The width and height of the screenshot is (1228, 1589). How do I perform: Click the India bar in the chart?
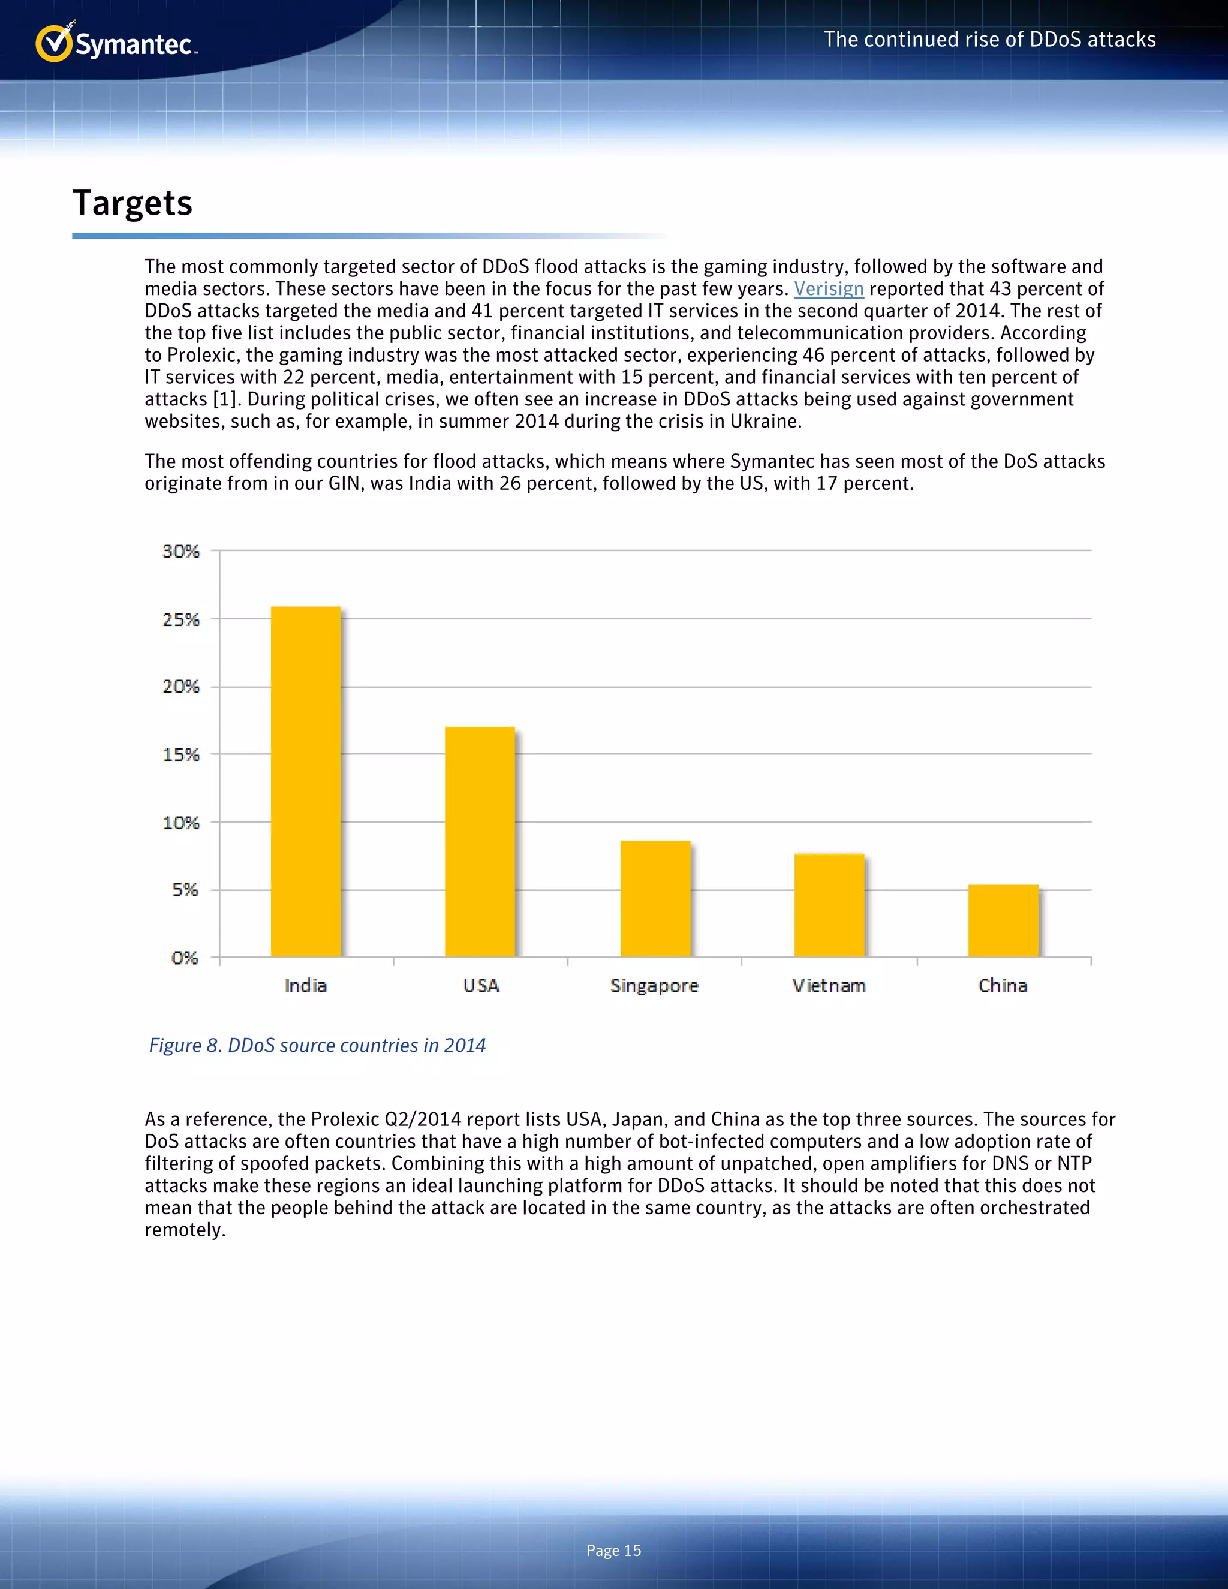coord(306,782)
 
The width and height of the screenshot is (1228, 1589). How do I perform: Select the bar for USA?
coord(480,842)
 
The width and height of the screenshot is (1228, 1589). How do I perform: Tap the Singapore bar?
coord(655,899)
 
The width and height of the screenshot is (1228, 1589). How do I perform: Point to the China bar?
coord(1003,920)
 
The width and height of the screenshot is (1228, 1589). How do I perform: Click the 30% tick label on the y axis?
coord(180,552)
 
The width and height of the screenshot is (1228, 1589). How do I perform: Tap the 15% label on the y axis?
coord(180,754)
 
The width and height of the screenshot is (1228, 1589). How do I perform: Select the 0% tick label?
coord(184,958)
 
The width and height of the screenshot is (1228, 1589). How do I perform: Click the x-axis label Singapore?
coord(654,986)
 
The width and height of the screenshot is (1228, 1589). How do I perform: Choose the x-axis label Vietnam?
coord(829,986)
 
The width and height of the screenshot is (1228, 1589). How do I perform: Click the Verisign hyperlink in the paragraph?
coord(828,289)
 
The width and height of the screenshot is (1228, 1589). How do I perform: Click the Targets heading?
coord(133,203)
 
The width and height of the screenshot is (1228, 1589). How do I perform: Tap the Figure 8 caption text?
coord(317,1046)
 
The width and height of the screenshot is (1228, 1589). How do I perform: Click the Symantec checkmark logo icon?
coord(54,44)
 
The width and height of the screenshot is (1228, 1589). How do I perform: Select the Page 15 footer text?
coord(613,1551)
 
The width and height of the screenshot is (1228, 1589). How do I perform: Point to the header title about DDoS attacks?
coord(989,40)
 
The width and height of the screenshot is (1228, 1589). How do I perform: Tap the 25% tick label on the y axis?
coord(180,620)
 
